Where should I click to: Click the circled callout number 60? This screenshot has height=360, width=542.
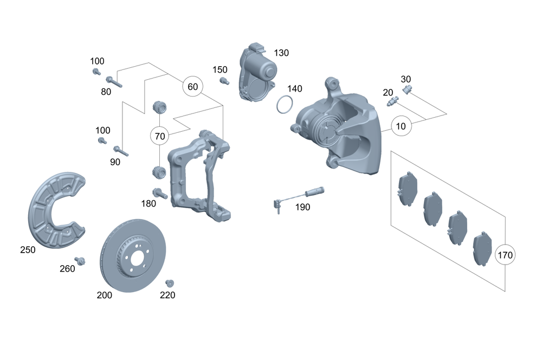pos(192,87)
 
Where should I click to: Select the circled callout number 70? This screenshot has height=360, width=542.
pos(159,136)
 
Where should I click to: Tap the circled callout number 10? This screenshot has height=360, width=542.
pos(401,126)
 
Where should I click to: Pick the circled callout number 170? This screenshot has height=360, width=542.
pos(505,254)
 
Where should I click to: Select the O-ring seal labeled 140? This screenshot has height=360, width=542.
pos(285,105)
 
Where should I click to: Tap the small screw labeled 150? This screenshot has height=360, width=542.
pos(222,81)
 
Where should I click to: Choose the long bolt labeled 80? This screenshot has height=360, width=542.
pos(115,81)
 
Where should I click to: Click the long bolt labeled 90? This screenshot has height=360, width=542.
pos(120,151)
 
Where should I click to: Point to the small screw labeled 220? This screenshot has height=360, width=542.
pos(169,283)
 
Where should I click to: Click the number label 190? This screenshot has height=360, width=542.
pos(302,207)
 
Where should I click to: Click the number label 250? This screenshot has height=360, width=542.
pos(27,250)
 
